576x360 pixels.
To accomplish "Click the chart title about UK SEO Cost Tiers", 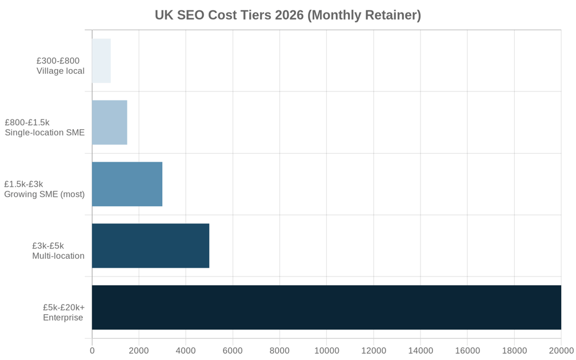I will (x=287, y=15).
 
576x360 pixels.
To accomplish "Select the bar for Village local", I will (x=101, y=61).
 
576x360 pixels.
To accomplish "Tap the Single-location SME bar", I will (x=109, y=122).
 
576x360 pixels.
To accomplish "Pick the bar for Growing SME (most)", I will (x=127, y=184).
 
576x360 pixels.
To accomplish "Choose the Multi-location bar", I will (x=150, y=246).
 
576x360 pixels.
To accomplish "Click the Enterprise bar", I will (x=326, y=307).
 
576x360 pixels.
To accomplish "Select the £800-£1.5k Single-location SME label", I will (x=45, y=127).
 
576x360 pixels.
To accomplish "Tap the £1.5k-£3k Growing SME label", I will (x=44, y=189).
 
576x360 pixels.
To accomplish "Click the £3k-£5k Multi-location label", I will (x=58, y=251).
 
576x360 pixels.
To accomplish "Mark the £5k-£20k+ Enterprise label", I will (x=63, y=313).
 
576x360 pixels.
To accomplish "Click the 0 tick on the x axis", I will (x=92, y=350).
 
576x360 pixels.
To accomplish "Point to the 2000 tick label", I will (x=139, y=350).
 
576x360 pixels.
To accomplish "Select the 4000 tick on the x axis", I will (x=186, y=350).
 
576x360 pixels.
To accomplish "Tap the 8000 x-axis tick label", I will (x=279, y=350).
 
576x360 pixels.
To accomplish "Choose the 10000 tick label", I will (x=326, y=350).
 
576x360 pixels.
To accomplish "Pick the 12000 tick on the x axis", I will (x=373, y=350).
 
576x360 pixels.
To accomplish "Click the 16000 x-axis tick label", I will (x=467, y=350).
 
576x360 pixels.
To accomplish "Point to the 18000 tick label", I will (x=514, y=350).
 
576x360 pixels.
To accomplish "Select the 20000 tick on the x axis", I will (x=560, y=350).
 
